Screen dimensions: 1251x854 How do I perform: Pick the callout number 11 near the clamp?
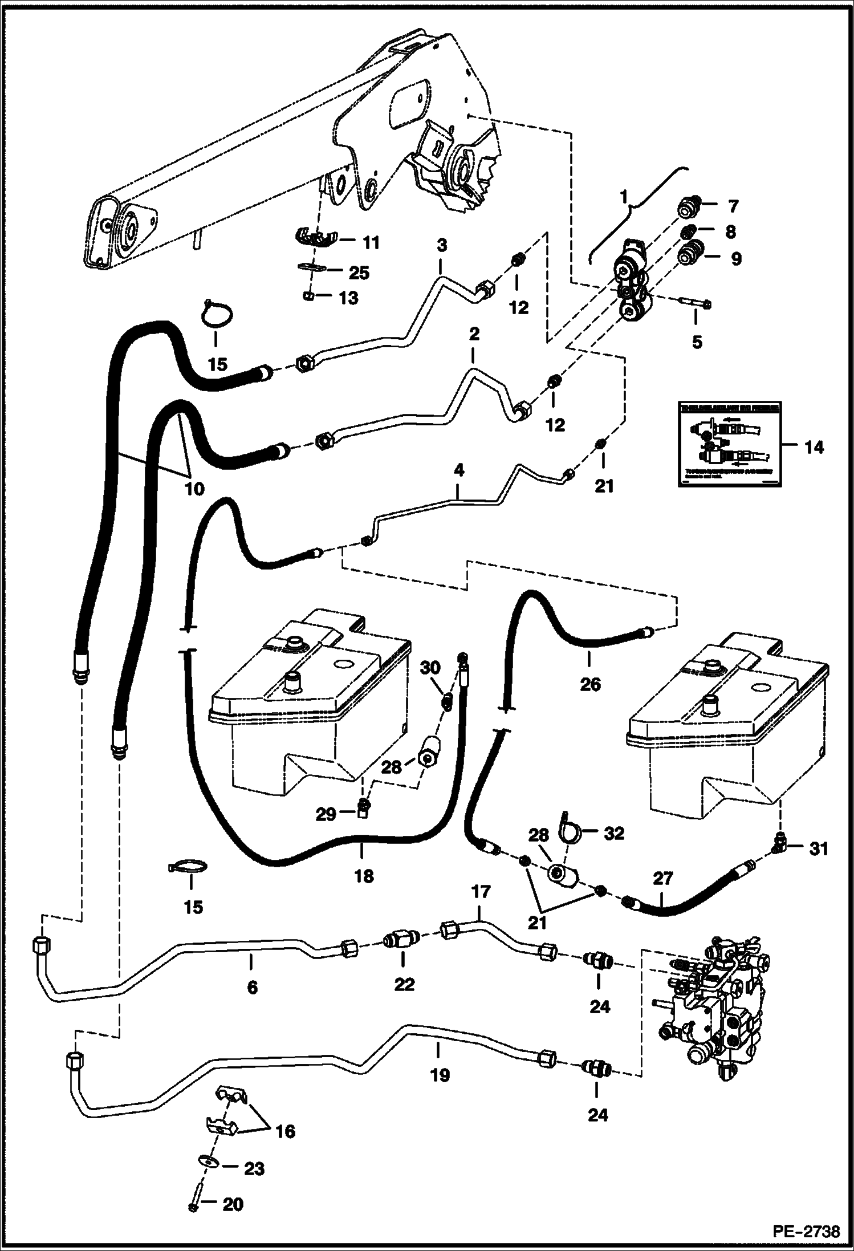coord(371,243)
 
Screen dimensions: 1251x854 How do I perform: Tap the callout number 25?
coord(359,273)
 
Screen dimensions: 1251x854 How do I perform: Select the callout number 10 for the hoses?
coord(194,489)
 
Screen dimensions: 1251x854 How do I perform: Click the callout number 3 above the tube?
coord(442,246)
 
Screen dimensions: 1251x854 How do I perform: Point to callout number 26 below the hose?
coord(590,684)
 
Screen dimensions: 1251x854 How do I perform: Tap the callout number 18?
coord(364,875)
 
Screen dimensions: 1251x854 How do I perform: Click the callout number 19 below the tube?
coord(440,1075)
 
